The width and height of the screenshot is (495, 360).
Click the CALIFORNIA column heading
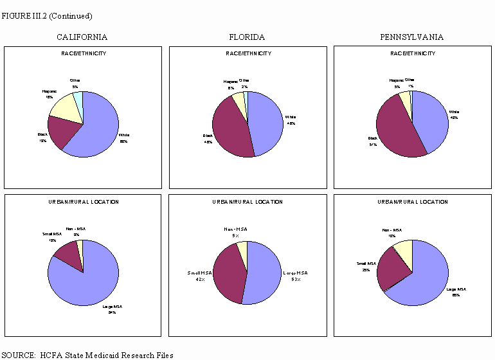(82, 37)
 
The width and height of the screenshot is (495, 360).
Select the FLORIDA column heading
(247, 37)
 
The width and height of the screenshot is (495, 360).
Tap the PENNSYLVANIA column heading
(412, 37)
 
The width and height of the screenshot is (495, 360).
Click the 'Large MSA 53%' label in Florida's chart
(296, 276)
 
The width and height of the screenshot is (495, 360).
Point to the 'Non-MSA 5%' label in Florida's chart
(235, 231)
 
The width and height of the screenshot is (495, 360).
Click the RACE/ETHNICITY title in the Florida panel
(248, 53)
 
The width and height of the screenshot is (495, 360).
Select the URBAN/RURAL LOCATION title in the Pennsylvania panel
(412, 202)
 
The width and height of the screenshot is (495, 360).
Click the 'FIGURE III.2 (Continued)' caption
(38, 15)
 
